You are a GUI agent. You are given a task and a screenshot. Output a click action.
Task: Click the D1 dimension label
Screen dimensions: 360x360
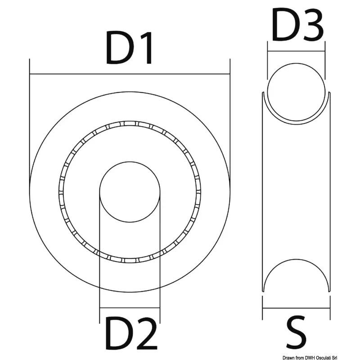tap(129, 48)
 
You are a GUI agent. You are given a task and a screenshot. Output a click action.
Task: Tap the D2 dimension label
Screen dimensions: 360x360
tap(131, 333)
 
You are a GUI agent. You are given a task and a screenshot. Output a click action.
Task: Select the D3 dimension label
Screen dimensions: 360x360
tap(297, 25)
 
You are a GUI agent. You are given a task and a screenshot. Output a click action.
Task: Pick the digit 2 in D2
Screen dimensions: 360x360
tap(146, 333)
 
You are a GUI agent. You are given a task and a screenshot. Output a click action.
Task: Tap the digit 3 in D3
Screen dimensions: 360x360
tap(313, 25)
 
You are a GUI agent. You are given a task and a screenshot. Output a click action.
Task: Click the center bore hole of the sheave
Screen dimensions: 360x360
tap(130, 192)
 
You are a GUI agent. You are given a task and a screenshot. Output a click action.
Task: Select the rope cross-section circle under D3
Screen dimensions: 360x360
tap(296, 63)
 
